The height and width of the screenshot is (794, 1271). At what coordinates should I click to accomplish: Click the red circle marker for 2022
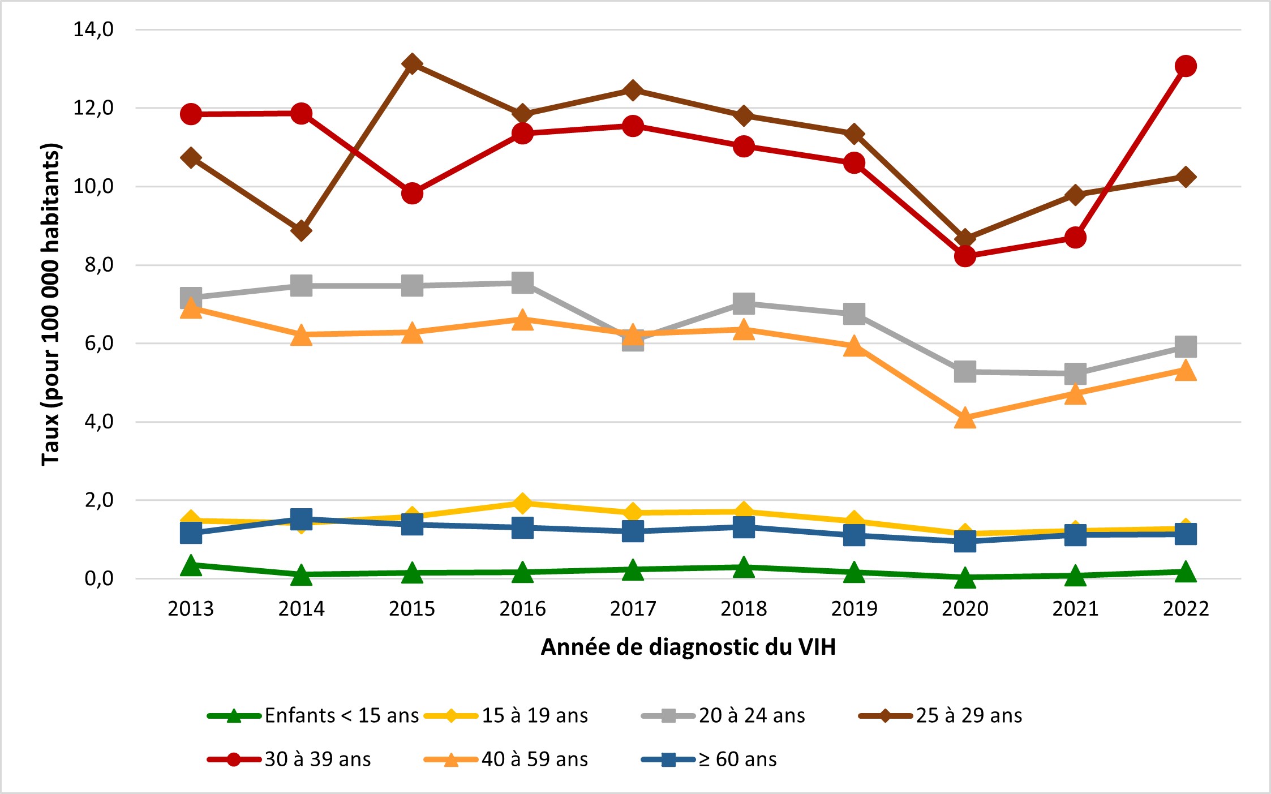[x=1185, y=66]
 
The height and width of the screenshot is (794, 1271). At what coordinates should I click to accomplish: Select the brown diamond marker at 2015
[x=412, y=64]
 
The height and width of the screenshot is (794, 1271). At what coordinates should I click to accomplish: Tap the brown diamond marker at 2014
[x=301, y=230]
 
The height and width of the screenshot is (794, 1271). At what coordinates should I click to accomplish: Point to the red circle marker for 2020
[x=964, y=256]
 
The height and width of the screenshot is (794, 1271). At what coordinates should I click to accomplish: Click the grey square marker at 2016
[x=522, y=282]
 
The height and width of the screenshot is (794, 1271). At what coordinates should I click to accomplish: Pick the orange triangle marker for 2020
[x=964, y=419]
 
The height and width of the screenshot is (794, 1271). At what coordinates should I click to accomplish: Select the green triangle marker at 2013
[x=191, y=565]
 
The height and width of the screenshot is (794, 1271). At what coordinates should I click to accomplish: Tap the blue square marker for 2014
[x=301, y=518]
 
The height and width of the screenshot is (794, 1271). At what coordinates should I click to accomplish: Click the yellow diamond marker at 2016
[x=522, y=503]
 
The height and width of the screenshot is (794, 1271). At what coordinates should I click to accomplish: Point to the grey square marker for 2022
[x=1185, y=346]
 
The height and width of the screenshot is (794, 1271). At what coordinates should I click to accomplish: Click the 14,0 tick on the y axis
[x=93, y=29]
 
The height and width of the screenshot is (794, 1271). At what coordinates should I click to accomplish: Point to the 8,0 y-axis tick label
[x=99, y=265]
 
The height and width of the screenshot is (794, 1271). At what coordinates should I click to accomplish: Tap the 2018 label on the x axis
[x=743, y=609]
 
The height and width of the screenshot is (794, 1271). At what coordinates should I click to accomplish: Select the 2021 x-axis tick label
[x=1075, y=609]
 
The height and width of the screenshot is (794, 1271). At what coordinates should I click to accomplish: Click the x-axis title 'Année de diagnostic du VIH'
[x=688, y=647]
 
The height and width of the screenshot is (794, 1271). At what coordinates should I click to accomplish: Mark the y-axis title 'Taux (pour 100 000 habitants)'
[x=51, y=304]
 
